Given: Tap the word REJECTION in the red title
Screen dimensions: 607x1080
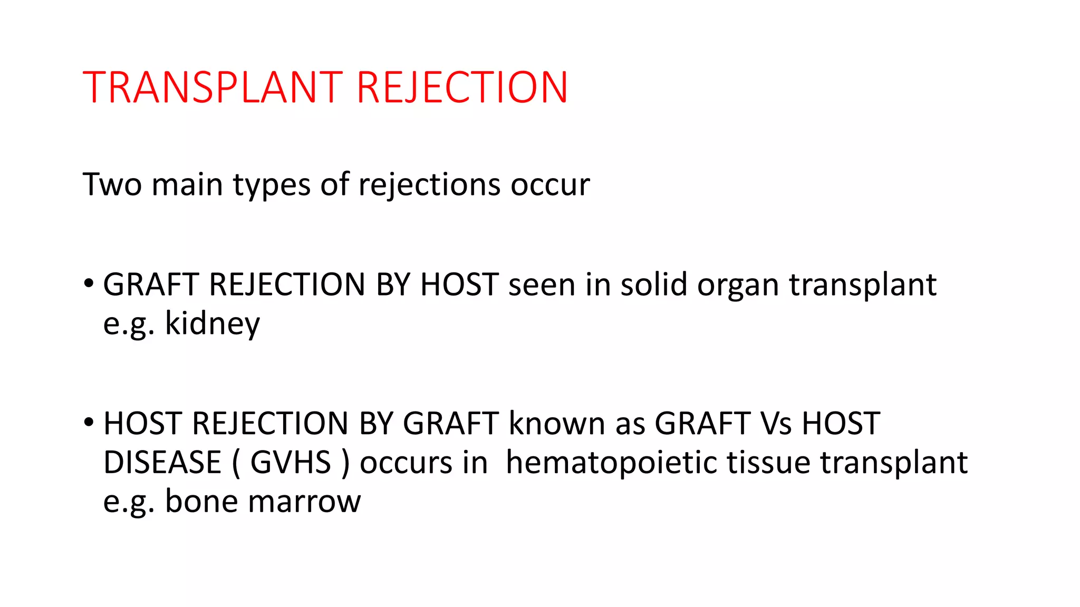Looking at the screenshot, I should tap(462, 87).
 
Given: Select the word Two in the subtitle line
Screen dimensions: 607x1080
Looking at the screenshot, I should tap(112, 184).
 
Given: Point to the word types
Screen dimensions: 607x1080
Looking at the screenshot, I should tap(272, 185).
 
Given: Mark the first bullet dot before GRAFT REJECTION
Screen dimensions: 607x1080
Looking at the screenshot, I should tap(89, 283).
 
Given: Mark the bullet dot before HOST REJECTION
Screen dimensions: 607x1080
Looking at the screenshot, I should tap(89, 422).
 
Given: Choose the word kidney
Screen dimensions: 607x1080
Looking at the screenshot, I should tap(213, 323).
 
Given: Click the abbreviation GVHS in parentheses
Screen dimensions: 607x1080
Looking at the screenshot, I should tap(290, 462).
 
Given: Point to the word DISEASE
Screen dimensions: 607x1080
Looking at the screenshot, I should tap(162, 462).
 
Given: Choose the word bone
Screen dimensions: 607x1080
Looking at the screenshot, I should tap(201, 501).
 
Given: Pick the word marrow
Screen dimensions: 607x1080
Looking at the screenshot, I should tap(304, 502).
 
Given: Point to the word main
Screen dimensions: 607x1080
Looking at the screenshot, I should tap(187, 184).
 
